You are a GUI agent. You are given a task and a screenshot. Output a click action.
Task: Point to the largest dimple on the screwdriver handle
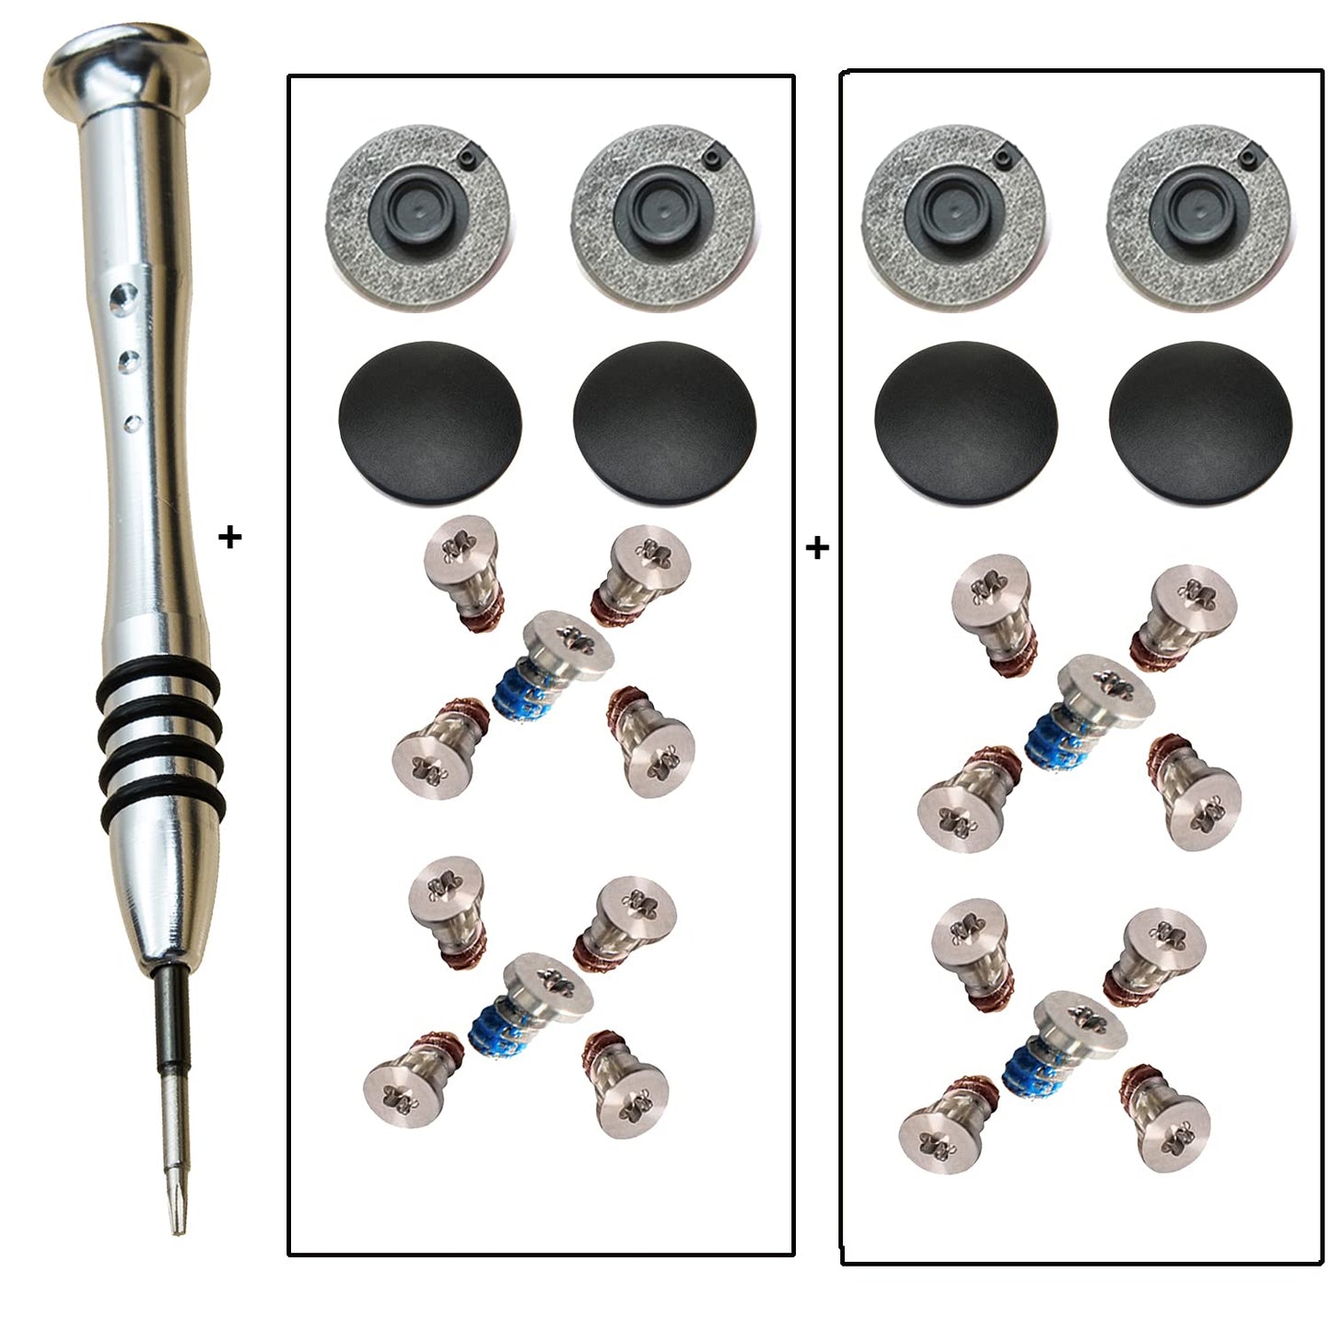[x=121, y=295]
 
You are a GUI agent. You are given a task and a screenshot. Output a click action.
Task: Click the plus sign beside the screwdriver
[x=230, y=537]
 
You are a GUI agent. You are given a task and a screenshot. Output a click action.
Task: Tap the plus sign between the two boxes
[x=817, y=548]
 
